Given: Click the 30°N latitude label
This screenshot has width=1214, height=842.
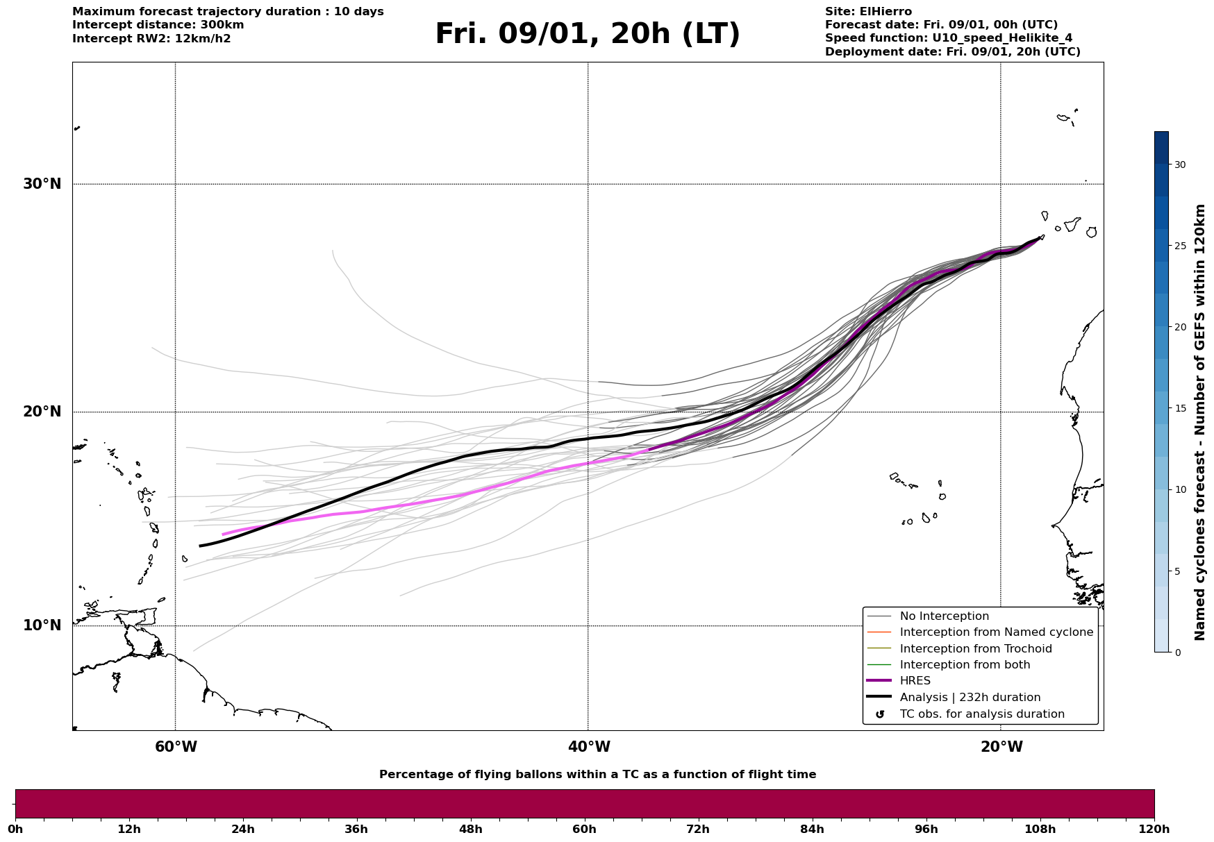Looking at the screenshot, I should [x=42, y=184].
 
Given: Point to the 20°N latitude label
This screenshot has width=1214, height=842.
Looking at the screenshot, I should [x=42, y=412].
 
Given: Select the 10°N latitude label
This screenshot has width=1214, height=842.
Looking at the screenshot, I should [x=42, y=625].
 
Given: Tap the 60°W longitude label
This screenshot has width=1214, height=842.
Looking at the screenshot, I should [x=176, y=747].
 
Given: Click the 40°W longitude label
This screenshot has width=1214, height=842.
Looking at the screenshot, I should [x=589, y=747].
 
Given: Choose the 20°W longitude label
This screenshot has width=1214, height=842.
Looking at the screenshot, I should [x=1001, y=747].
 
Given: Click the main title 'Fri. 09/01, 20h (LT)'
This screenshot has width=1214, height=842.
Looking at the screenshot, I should [x=588, y=34].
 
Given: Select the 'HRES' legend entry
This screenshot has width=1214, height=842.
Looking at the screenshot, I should [x=915, y=681].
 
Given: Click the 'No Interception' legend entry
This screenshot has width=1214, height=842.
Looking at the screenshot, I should [x=944, y=616].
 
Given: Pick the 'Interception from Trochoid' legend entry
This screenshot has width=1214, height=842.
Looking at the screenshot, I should [x=975, y=649].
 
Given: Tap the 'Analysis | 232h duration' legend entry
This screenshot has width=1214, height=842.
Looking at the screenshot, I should [x=970, y=698].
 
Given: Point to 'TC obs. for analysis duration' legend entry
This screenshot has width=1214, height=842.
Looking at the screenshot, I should [x=981, y=714].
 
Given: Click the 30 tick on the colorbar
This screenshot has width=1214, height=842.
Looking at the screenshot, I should [x=1179, y=165].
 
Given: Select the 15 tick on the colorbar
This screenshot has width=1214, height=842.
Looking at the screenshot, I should [x=1179, y=408].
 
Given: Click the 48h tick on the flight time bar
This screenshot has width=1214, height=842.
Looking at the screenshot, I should [x=471, y=829].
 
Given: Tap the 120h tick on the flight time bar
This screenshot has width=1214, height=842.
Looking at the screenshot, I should [x=1154, y=829].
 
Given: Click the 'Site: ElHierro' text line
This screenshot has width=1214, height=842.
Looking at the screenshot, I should [x=868, y=12].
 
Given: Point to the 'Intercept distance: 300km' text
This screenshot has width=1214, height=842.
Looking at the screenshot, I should [x=158, y=25].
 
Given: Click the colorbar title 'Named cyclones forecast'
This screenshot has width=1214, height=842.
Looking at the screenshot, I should [x=1200, y=422].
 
